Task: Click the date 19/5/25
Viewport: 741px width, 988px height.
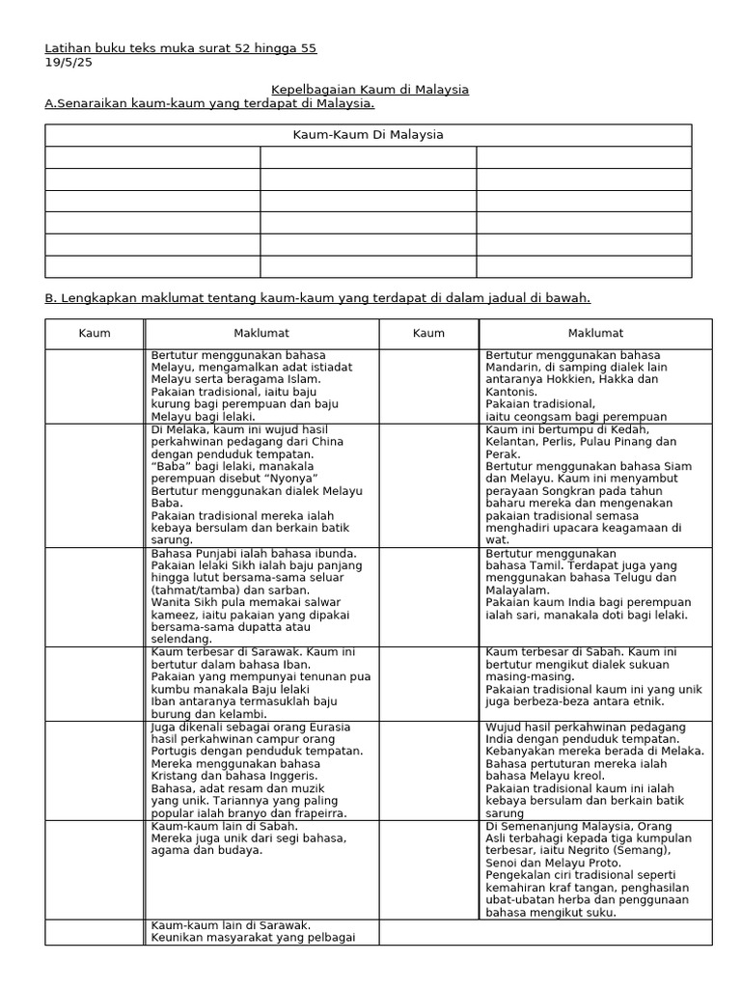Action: [x=66, y=62]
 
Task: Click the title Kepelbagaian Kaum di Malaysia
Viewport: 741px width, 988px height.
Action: [x=370, y=89]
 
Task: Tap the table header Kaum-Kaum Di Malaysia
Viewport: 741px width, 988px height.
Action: [x=369, y=135]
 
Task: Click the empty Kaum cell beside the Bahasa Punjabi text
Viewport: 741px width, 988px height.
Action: [x=95, y=595]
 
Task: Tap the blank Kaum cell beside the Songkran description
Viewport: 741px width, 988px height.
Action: [x=428, y=484]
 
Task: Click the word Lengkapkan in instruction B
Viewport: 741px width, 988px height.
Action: [x=97, y=298]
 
